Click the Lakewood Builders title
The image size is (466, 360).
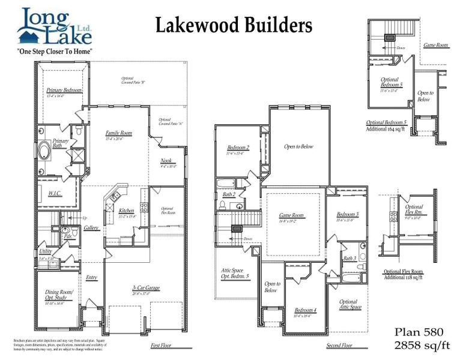coord(234,25)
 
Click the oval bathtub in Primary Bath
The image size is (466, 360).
coord(45,150)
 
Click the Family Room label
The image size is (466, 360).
coord(118,133)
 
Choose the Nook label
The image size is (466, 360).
coord(166,161)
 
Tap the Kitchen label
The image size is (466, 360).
coord(126,211)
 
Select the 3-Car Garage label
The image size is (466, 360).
coord(146,288)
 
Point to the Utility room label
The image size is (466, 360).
coord(46,252)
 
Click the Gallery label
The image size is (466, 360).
coord(91,228)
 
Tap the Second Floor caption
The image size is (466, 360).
coord(339,346)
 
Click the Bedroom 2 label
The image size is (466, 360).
coord(238,148)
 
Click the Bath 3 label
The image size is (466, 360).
coord(349,258)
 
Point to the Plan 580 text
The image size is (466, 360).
coord(419,332)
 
